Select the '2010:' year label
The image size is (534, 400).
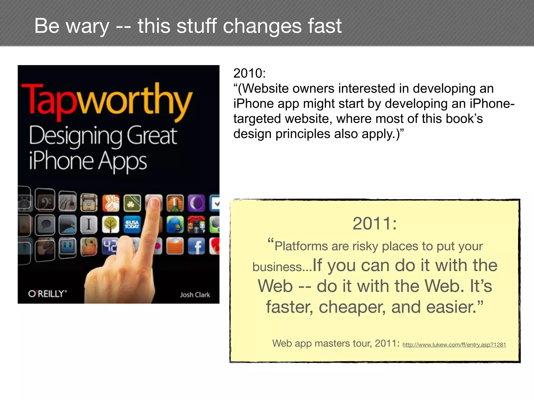(x=250, y=73)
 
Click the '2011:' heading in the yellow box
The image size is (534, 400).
(x=374, y=223)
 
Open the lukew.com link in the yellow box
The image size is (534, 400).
(x=454, y=345)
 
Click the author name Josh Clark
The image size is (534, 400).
(x=195, y=295)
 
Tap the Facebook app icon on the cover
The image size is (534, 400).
(x=196, y=246)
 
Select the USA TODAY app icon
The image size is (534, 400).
(x=132, y=224)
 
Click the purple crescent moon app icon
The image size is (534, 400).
(x=196, y=203)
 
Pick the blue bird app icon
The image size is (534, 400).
(x=175, y=224)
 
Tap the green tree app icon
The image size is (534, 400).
(x=111, y=224)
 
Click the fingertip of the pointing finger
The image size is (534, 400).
(x=154, y=203)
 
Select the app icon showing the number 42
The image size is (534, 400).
(x=110, y=246)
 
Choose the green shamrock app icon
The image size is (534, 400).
(x=132, y=203)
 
